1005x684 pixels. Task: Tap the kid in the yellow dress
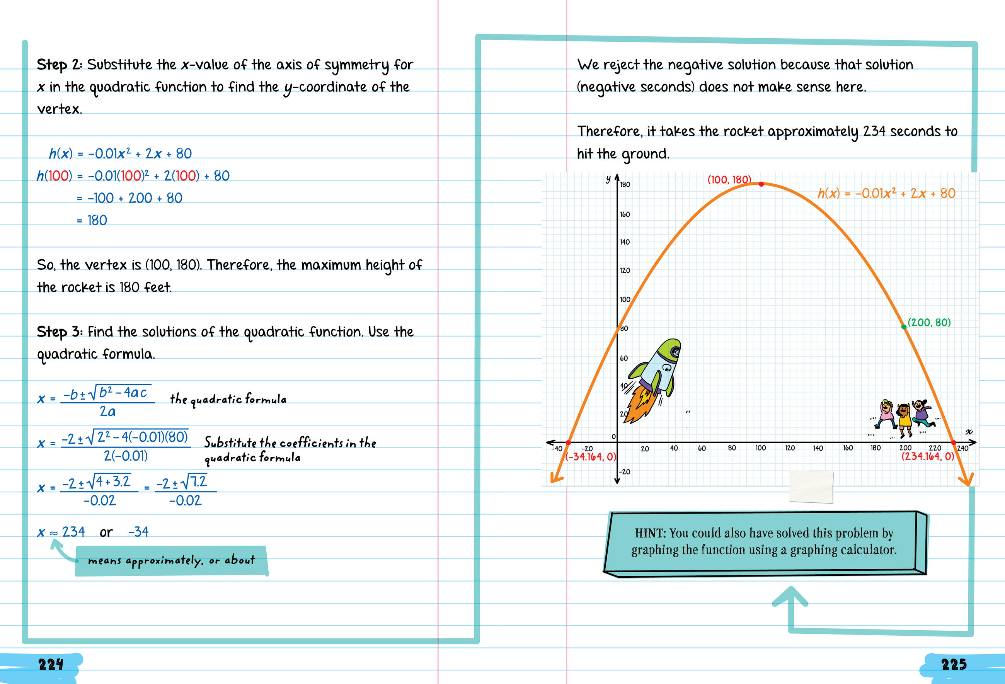904,417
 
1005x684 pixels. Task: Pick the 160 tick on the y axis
625,214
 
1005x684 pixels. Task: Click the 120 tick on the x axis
790,448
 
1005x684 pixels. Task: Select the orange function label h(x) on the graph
886,193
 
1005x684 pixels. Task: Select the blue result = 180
92,221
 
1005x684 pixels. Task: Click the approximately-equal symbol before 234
54,533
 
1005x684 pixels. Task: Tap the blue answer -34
138,532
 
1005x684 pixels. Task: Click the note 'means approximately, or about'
171,560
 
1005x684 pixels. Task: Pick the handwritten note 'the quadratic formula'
228,399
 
